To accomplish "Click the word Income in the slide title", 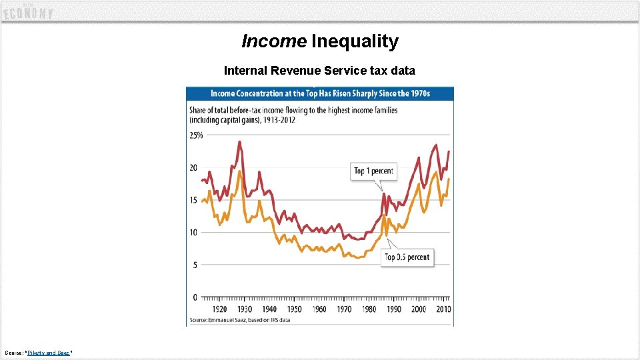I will (x=273, y=41).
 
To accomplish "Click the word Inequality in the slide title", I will (x=355, y=41).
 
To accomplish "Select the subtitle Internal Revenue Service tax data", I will (x=319, y=70).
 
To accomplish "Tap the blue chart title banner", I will (x=320, y=93).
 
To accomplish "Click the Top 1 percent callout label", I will (x=373, y=171).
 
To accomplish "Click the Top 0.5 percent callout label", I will (x=407, y=257).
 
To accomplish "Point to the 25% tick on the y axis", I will (x=197, y=135).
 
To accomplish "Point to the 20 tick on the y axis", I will (x=194, y=167).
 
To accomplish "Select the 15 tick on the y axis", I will (x=194, y=200).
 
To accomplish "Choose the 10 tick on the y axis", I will (x=194, y=232).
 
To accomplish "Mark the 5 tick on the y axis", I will (x=195, y=265).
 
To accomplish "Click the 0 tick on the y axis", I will (x=195, y=297).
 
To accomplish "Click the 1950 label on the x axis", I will (x=294, y=309).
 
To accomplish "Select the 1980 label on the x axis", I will (x=369, y=309).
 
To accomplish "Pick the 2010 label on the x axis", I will (x=443, y=309).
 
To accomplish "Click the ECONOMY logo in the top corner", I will (x=28, y=12).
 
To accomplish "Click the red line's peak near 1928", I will (x=239, y=141).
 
